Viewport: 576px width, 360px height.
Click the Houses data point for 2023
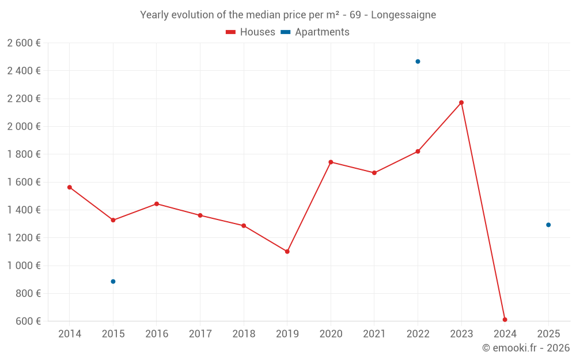pos(461,103)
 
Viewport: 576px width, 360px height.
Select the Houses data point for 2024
pos(505,320)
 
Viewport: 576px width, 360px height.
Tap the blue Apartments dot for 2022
pos(418,62)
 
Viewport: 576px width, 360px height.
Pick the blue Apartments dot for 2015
pos(113,282)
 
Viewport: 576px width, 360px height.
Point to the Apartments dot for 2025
pos(548,225)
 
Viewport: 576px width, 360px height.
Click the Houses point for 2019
pos(287,252)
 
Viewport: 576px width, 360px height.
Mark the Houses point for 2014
pos(70,187)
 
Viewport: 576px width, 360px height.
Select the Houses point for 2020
pos(331,162)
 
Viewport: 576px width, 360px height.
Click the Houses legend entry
pos(251,32)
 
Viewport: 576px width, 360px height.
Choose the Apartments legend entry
pos(315,32)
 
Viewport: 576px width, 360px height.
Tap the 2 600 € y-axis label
pos(24,43)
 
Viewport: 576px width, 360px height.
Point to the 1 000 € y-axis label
pos(24,266)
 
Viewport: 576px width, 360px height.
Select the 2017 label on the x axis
pos(200,334)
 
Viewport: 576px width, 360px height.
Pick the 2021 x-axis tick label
pos(374,334)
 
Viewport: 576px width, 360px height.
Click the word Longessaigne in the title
pos(403,15)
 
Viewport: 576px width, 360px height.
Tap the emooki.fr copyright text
pos(525,348)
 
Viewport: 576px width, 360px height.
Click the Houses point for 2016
pos(157,204)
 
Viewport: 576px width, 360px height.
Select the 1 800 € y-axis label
pos(24,154)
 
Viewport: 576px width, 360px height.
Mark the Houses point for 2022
pos(418,151)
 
